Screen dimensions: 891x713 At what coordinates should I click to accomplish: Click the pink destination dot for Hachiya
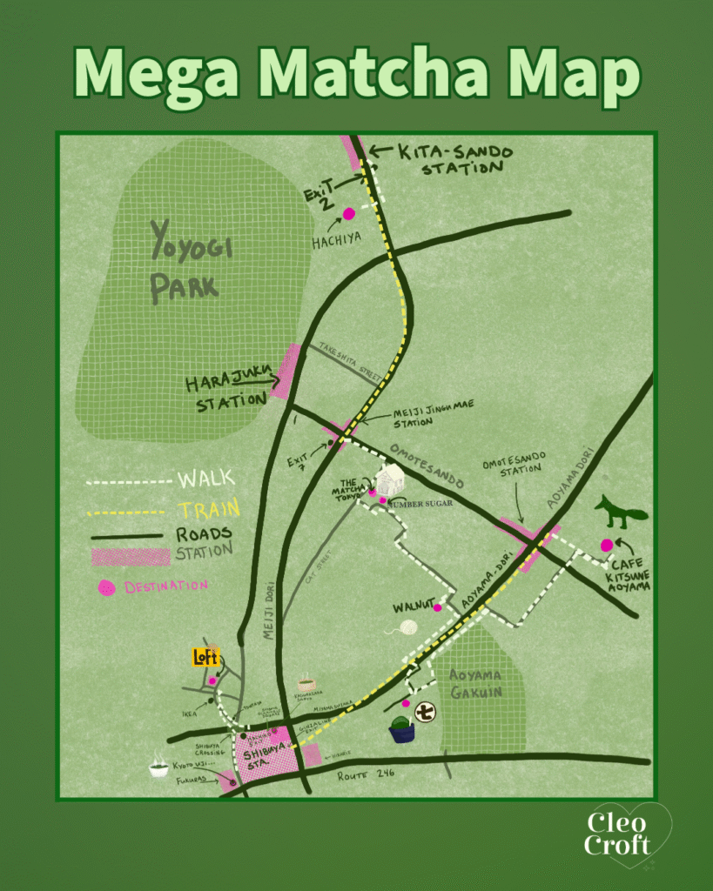point(349,213)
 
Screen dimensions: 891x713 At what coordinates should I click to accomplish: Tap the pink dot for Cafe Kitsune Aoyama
point(607,546)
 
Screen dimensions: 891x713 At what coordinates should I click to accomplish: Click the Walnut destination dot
point(438,607)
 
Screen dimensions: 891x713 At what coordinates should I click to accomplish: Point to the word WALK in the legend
point(205,479)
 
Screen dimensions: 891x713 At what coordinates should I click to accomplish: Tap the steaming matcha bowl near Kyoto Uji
point(158,767)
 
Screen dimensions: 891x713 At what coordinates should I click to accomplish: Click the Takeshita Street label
point(350,359)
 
